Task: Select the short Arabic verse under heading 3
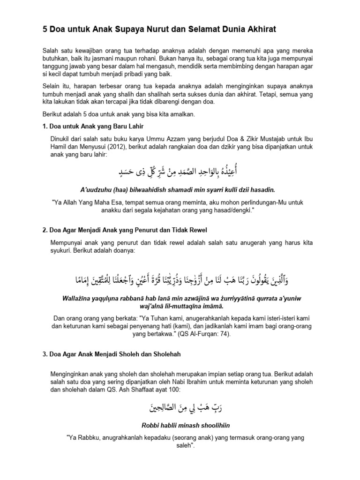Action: point(181,407)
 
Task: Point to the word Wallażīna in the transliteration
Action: point(79,298)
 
